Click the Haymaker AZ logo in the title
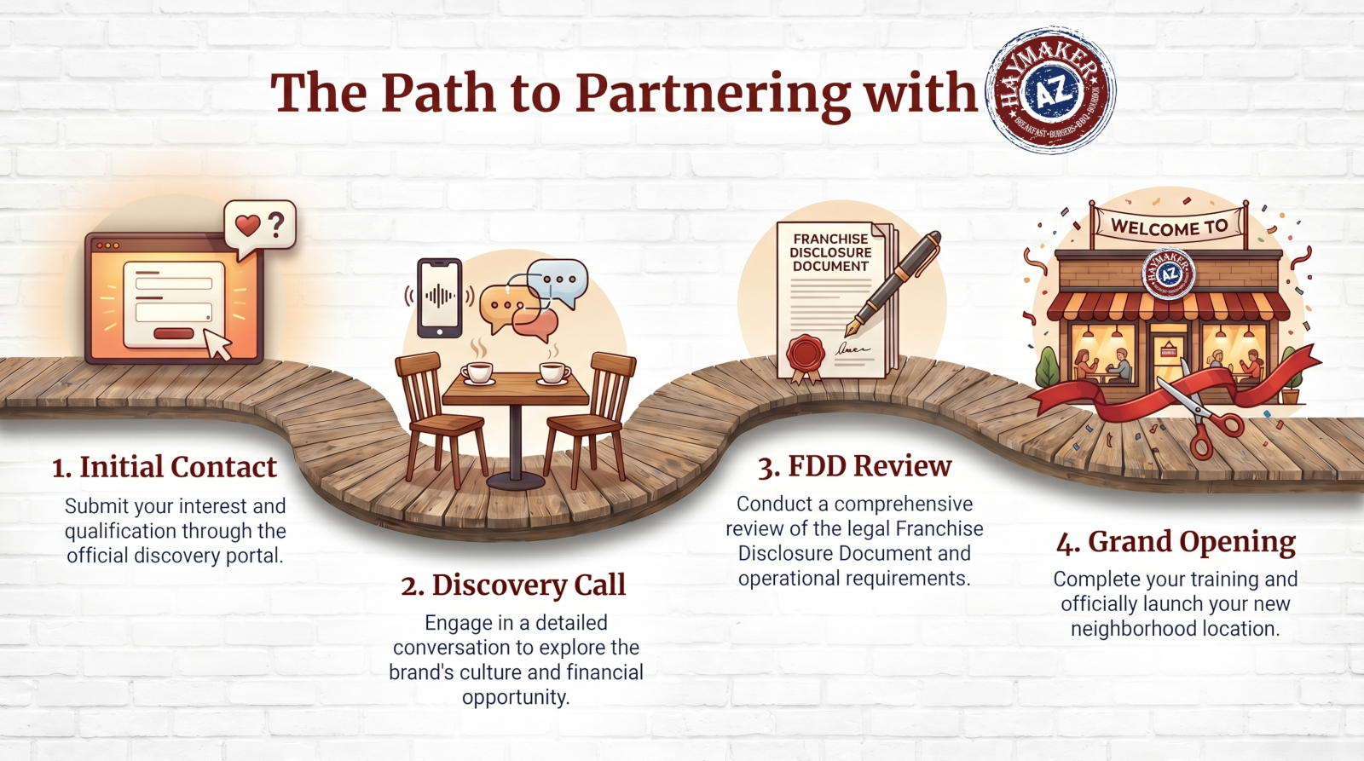pyautogui.click(x=1050, y=89)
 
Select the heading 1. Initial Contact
pyautogui.click(x=165, y=467)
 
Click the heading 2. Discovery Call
pyautogui.click(x=513, y=585)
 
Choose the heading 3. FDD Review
pyautogui.click(x=855, y=466)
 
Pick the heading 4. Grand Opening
pyautogui.click(x=1176, y=543)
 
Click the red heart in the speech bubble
pyautogui.click(x=248, y=226)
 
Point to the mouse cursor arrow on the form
pyautogui.click(x=217, y=344)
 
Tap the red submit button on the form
pyautogui.click(x=174, y=333)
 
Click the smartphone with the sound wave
pyautogui.click(x=440, y=297)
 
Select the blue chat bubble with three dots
pyautogui.click(x=558, y=282)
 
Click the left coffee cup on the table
pyautogui.click(x=478, y=372)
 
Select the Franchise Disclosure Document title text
pyautogui.click(x=830, y=252)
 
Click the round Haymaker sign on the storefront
pyautogui.click(x=1169, y=274)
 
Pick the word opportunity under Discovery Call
pyautogui.click(x=516, y=697)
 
